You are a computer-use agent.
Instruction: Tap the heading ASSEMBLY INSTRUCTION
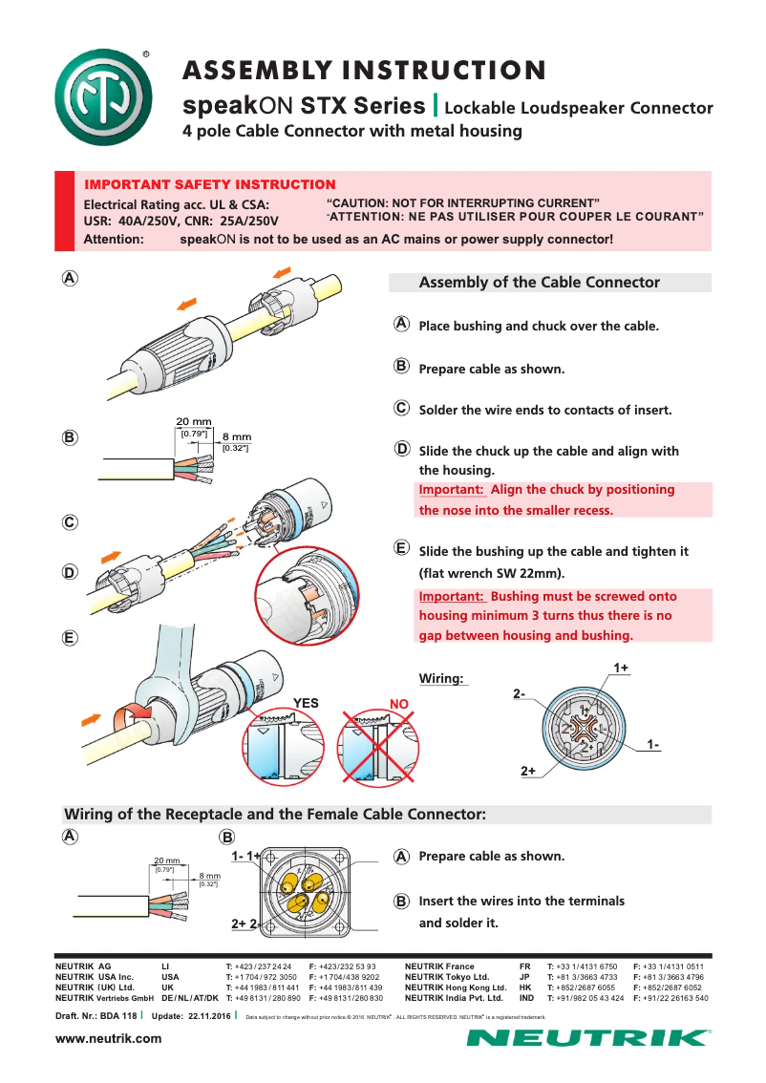tap(364, 71)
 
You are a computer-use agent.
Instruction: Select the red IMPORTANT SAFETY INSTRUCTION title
tap(210, 184)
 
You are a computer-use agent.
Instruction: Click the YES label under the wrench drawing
tap(306, 703)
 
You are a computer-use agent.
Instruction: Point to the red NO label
tap(399, 703)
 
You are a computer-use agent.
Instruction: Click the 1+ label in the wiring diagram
tap(621, 668)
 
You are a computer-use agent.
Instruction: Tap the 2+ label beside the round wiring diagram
tap(528, 770)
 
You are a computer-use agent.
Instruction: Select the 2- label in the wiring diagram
tap(520, 692)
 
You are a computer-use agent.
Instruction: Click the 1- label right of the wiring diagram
tap(652, 743)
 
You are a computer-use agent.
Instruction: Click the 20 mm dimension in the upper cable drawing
tap(193, 422)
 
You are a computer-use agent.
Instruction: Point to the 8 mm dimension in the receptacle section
tap(209, 875)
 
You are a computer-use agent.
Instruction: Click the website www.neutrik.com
tap(109, 1038)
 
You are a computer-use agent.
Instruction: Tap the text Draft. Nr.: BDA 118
tap(96, 1015)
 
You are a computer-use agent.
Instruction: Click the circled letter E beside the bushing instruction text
tap(402, 548)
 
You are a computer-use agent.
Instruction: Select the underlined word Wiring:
tap(441, 678)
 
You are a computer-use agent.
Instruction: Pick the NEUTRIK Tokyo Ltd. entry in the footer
tap(446, 977)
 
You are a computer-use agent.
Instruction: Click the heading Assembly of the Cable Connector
tap(539, 283)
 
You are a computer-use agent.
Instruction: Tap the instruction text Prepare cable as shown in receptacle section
tap(491, 856)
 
